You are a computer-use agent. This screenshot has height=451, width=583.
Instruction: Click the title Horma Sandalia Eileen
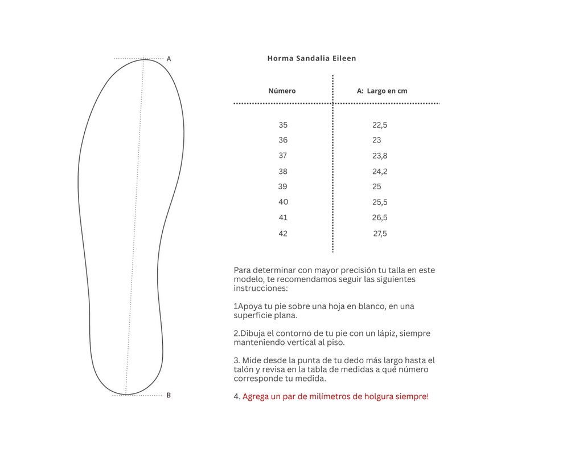point(311,58)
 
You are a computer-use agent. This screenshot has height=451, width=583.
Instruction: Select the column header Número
point(282,91)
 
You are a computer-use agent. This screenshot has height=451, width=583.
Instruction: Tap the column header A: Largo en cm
point(381,91)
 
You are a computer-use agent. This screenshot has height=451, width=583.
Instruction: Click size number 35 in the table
point(283,125)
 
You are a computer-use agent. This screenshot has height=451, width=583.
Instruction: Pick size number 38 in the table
point(283,171)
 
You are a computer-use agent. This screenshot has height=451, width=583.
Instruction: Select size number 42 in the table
point(283,233)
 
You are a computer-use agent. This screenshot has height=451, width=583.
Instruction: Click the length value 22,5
point(380,125)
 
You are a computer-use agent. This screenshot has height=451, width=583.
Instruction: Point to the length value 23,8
point(380,156)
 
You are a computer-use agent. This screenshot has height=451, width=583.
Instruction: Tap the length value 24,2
point(380,171)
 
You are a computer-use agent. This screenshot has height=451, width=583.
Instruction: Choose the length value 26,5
point(380,217)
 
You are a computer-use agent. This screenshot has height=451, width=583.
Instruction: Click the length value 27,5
point(380,233)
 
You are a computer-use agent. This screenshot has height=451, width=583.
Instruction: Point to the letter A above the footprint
point(169,59)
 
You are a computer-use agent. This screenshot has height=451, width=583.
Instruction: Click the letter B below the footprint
point(169,395)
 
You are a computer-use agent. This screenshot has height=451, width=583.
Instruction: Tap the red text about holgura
point(335,396)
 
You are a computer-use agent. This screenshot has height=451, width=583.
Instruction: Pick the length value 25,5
point(380,202)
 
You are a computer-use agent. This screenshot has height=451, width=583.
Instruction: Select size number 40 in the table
point(283,202)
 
